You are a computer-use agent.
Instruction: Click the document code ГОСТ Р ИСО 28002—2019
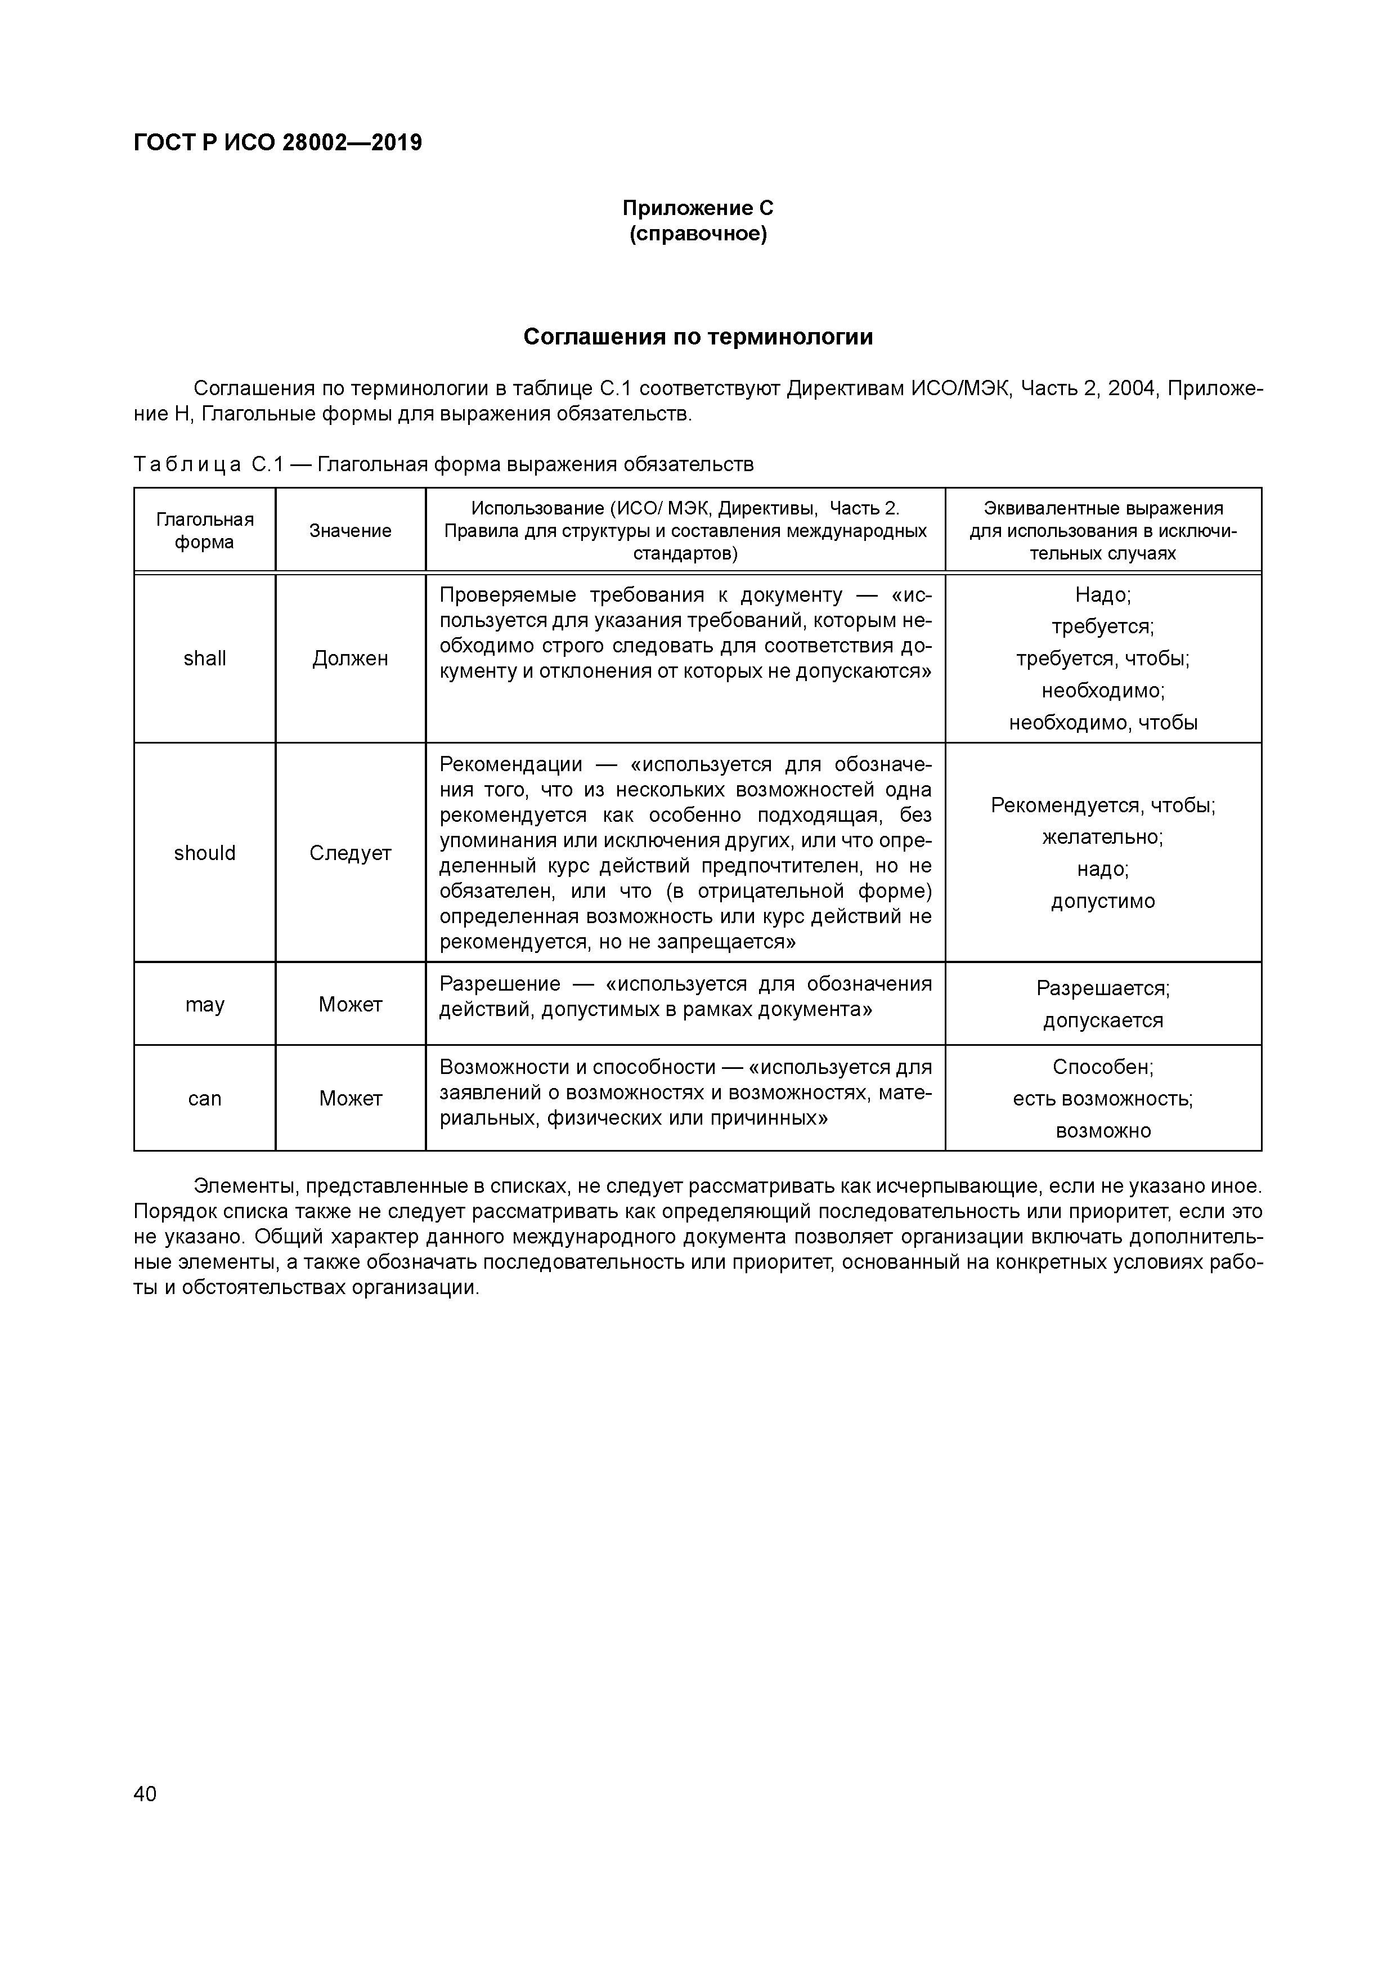(277, 143)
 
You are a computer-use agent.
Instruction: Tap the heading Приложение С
(697, 208)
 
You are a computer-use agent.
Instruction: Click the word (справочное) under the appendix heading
(697, 234)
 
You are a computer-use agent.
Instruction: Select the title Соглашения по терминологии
(698, 337)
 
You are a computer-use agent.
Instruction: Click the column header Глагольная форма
(205, 530)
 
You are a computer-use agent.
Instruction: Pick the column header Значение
(350, 530)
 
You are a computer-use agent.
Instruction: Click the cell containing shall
(205, 659)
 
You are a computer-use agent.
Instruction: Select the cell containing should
(205, 853)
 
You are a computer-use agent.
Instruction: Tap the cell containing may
(205, 1004)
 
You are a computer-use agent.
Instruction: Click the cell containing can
(205, 1099)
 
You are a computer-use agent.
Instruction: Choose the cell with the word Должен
(350, 659)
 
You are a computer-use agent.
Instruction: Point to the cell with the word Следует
(350, 853)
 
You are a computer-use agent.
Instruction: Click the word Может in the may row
(350, 1004)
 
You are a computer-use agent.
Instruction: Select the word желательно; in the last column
(1103, 838)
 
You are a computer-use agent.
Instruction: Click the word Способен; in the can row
(1103, 1067)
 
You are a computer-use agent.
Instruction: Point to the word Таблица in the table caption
(187, 465)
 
